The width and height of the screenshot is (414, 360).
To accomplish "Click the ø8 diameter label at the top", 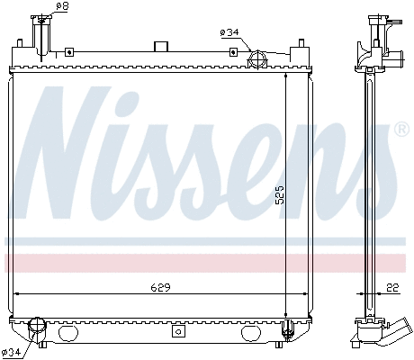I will point(62,7).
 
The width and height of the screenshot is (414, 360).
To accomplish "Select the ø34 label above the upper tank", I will point(229,32).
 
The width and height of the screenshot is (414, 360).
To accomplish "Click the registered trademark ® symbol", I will point(401,130).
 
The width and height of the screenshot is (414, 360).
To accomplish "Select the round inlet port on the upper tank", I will point(256,60).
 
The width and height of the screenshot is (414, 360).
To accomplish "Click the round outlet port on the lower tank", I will point(37,327).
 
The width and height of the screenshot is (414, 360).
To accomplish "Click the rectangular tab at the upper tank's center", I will point(161,46).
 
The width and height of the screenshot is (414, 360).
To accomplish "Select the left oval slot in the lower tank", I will point(69,332).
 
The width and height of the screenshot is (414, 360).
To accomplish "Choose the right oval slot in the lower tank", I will point(254,332).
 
